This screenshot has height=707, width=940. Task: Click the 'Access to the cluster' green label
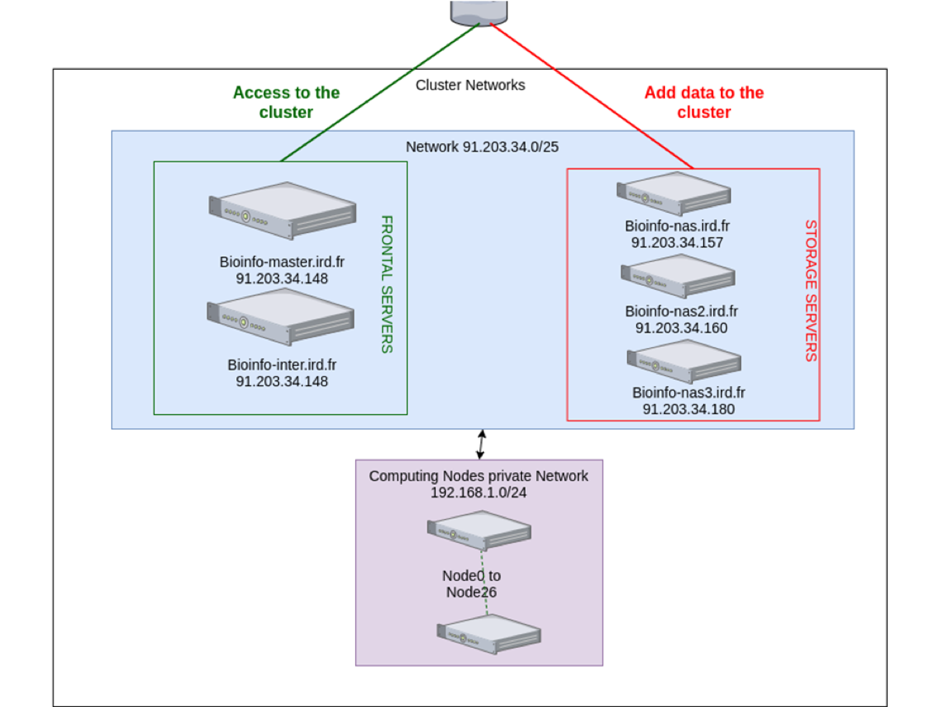tap(286, 103)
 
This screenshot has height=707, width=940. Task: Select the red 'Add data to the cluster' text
tap(704, 103)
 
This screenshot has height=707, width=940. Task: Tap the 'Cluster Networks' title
tap(470, 85)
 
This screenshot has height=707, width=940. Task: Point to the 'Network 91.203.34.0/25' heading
tap(482, 147)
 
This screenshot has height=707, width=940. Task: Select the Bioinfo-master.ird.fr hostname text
tap(282, 262)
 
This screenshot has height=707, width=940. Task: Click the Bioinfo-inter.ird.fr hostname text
tap(282, 364)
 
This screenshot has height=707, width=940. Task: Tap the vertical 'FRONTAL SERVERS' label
tap(386, 284)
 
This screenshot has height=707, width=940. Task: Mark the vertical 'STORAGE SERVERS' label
tap(810, 291)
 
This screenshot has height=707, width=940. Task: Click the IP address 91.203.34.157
tap(677, 242)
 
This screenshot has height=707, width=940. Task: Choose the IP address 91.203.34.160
tap(681, 328)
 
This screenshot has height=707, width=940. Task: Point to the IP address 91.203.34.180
tap(688, 409)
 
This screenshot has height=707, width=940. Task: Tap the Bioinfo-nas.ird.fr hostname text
tap(677, 226)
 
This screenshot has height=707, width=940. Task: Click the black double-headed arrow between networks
tap(482, 444)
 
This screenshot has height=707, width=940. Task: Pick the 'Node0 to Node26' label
tap(471, 583)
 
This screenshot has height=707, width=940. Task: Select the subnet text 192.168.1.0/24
tap(478, 492)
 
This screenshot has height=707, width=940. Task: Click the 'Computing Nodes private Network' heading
tap(479, 475)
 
